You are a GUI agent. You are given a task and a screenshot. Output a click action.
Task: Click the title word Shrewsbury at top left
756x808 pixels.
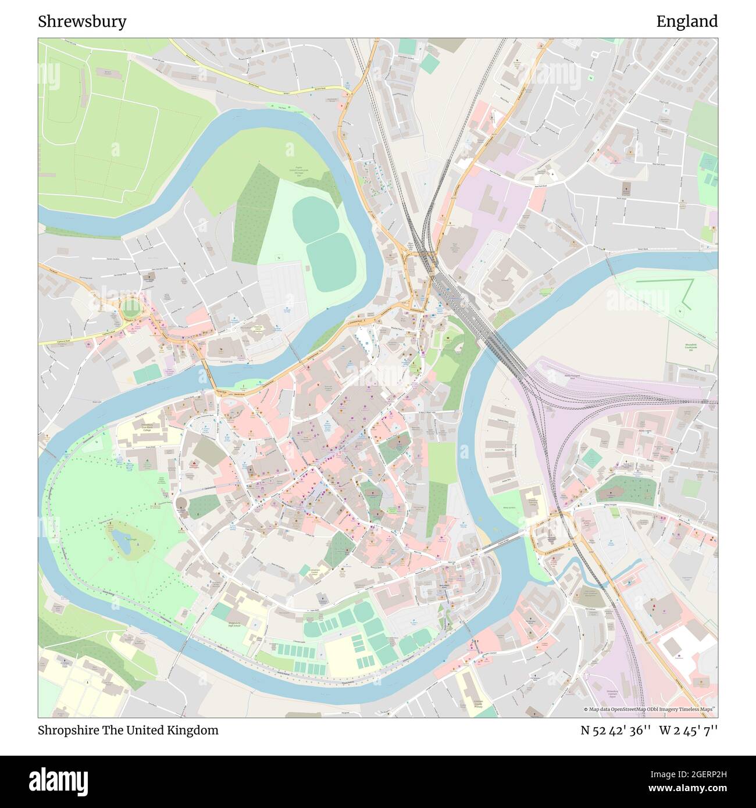[82, 22]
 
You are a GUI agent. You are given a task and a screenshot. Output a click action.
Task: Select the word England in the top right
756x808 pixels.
[687, 22]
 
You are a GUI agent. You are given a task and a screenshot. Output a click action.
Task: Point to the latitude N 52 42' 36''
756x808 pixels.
[616, 730]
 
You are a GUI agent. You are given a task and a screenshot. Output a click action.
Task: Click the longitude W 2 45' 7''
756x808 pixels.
[689, 730]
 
